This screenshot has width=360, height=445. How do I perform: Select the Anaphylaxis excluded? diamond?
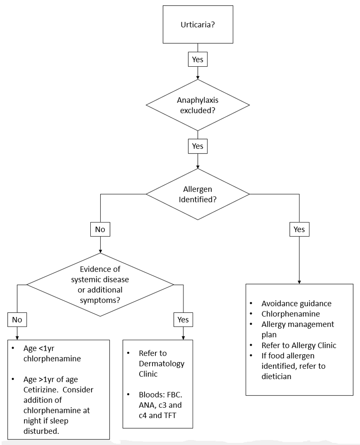click(x=197, y=105)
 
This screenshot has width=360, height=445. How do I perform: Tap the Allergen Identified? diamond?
click(x=197, y=194)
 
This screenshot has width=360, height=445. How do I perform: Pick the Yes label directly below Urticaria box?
click(x=197, y=60)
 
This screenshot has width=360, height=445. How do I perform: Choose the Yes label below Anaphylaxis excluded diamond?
click(x=197, y=146)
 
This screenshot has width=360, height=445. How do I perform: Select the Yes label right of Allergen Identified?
click(x=299, y=230)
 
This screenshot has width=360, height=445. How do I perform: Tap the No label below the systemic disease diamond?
click(x=16, y=320)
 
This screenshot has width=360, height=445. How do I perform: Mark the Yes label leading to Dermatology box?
click(x=183, y=320)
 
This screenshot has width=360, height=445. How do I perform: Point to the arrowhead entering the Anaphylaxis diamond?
click(x=197, y=78)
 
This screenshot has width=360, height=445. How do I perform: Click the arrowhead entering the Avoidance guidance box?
click(x=299, y=282)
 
